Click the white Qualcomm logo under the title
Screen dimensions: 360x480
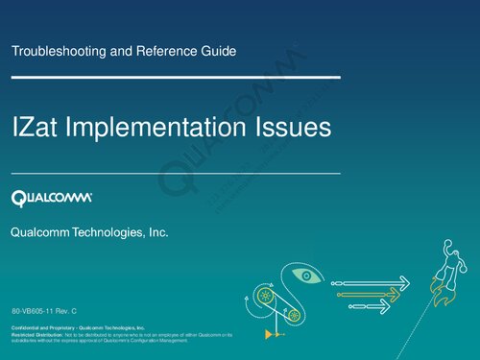[52, 199]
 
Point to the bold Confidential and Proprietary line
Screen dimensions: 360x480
[78, 328]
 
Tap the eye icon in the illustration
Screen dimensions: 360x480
[308, 277]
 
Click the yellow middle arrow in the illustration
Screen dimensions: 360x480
[370, 293]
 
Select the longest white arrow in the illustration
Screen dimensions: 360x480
[374, 282]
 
